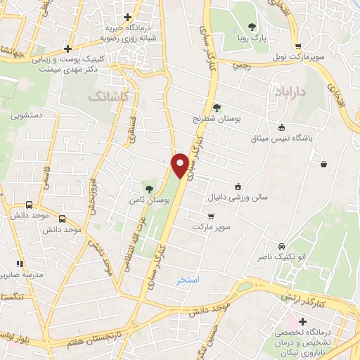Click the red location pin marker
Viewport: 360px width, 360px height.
[181, 165]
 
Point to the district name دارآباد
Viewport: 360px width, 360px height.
[286, 91]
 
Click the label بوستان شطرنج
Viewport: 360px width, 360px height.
[218, 120]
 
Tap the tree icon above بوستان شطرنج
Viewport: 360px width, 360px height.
[217, 108]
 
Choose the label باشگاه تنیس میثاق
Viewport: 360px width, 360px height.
[281, 139]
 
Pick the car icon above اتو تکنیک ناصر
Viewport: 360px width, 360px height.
[281, 247]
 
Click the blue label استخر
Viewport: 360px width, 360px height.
[188, 279]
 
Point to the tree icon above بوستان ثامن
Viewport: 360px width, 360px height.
[148, 188]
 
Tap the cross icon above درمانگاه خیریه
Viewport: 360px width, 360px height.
[127, 16]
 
